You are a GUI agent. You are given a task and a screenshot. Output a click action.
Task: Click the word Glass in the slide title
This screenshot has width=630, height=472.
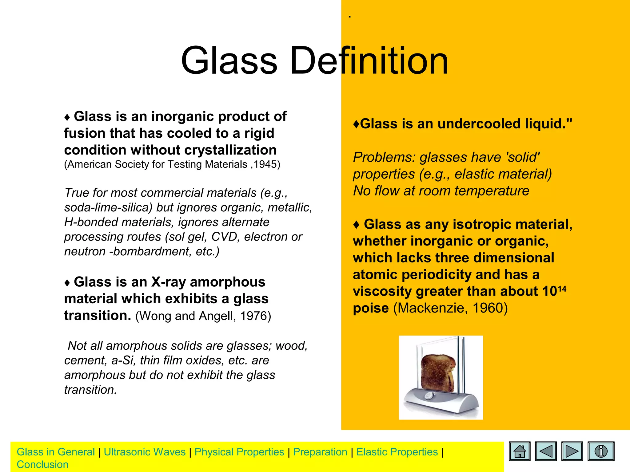pos(229,61)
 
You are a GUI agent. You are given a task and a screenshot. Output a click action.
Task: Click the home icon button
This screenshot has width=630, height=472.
pos(520,451)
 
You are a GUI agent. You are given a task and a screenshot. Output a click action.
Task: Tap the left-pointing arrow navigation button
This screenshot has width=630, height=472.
pos(546,451)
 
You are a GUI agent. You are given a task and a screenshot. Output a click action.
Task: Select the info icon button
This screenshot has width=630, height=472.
pos(601,451)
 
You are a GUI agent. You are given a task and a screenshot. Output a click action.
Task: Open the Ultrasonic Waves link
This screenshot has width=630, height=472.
pos(145,452)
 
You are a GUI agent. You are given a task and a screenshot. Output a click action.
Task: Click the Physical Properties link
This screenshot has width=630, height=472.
pos(239,452)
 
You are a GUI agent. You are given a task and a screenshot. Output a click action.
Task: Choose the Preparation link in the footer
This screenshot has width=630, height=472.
pos(320,452)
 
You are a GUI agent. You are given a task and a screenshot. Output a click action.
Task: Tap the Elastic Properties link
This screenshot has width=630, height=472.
pos(397,452)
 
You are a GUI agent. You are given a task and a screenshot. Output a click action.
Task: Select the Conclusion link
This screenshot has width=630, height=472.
pos(42,465)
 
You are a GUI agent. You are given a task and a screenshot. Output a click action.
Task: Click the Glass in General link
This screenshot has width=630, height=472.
pos(56,452)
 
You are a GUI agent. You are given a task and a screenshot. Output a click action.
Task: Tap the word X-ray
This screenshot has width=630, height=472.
pos(169,282)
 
